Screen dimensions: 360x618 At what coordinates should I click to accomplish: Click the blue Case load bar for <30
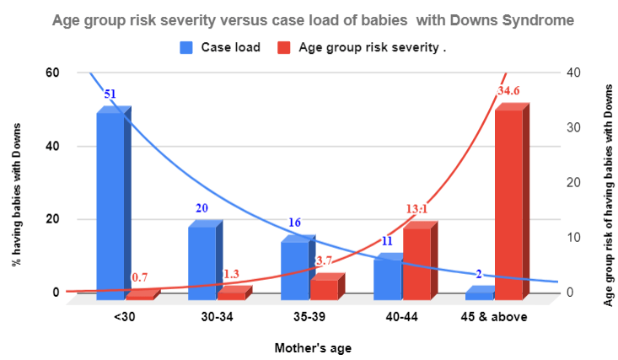point(110,207)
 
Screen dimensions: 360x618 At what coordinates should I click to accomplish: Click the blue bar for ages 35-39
point(295,271)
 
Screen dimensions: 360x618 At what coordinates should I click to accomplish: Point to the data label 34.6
point(509,90)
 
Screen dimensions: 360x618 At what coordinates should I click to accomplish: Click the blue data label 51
point(110,94)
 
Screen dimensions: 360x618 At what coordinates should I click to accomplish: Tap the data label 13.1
point(417,209)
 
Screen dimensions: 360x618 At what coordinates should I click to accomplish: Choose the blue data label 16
point(295,223)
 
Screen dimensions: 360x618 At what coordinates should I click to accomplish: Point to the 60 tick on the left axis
point(52,73)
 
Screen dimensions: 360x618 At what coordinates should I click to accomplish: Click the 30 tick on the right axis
point(572,127)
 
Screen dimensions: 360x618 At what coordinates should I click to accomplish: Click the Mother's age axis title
point(313,347)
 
